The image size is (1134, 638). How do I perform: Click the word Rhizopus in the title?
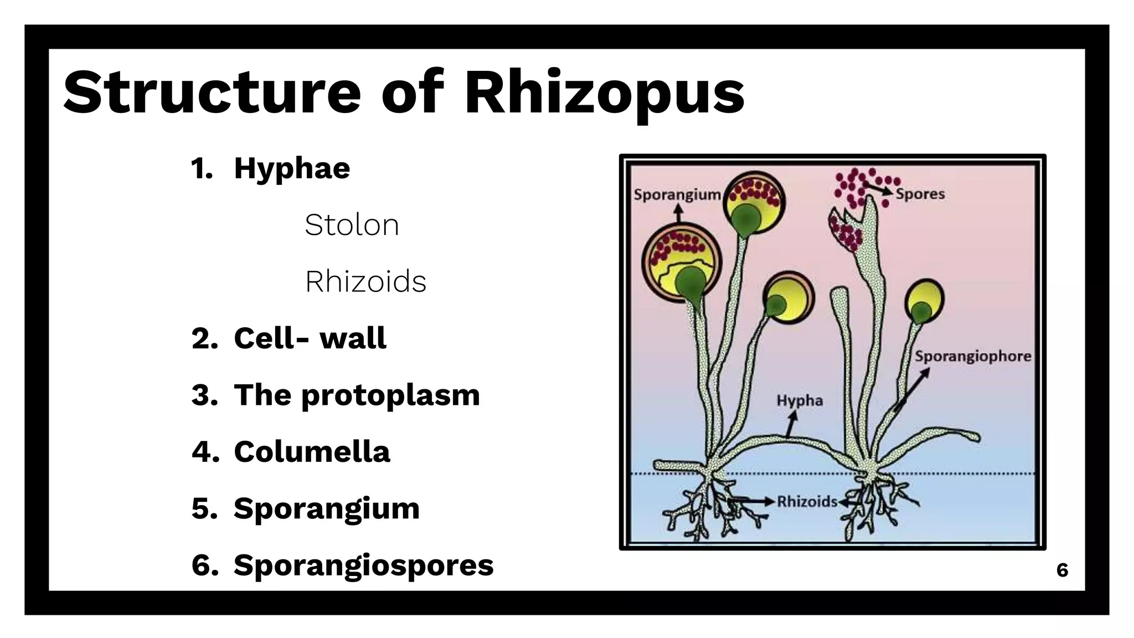tap(605, 93)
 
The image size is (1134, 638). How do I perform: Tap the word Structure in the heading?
tap(213, 92)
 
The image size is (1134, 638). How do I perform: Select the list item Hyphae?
tap(292, 168)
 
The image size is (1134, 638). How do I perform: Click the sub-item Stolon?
tap(352, 225)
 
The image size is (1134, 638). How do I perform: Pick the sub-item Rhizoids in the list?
tap(365, 281)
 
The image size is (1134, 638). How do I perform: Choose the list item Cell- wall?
tap(310, 338)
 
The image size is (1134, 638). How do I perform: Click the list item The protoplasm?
tap(357, 395)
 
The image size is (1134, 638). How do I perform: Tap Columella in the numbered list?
tap(312, 451)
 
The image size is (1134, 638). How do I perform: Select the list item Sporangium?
tap(326, 508)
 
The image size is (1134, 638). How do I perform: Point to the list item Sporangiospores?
tap(363, 565)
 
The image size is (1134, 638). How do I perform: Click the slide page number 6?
tap(1062, 570)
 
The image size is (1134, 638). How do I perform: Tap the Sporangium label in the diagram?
tap(677, 195)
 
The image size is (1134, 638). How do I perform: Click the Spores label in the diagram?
tap(920, 194)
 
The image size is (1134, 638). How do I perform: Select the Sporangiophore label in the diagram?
tap(973, 356)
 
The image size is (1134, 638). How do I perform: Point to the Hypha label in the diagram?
tap(800, 400)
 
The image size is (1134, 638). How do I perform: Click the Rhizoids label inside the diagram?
tap(807, 502)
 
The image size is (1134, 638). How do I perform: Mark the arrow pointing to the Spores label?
tap(879, 189)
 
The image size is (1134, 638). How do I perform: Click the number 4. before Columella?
tap(205, 452)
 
